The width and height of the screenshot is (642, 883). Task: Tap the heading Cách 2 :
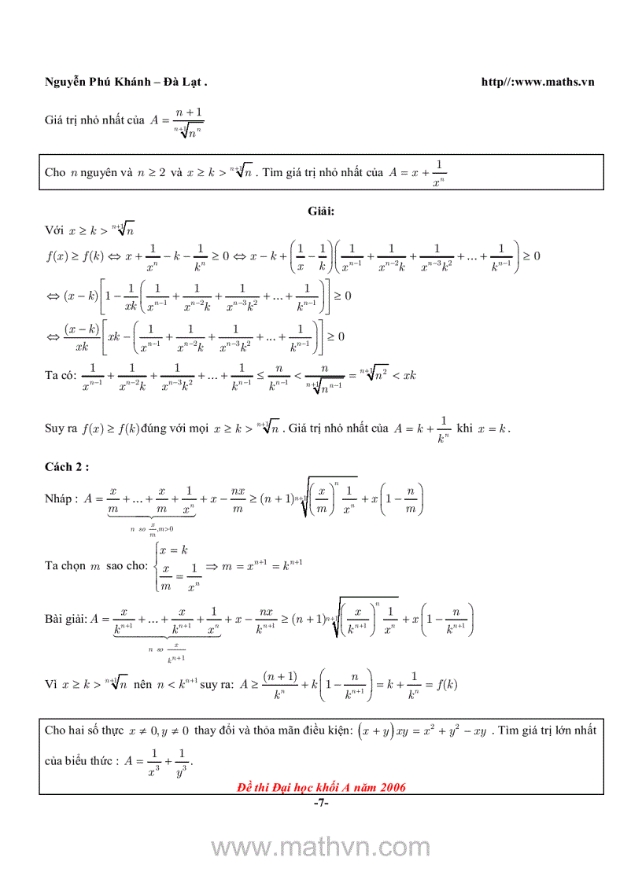[x=67, y=467]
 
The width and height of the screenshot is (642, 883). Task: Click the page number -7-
[x=321, y=803]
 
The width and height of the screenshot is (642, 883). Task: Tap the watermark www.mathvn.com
[x=321, y=848]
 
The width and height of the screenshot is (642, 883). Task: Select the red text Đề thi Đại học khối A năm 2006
[x=321, y=788]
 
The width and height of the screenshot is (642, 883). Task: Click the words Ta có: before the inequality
[x=61, y=375]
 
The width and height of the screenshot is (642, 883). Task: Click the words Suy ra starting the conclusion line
[x=61, y=429]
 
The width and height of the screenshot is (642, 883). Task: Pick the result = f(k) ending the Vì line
[x=441, y=684]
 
